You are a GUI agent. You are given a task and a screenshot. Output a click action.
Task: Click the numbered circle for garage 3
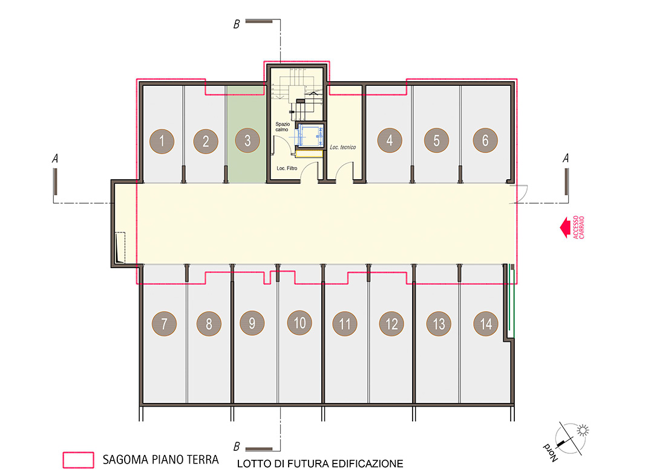pos(247,141)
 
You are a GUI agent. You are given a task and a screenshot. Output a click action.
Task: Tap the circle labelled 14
pos(486,324)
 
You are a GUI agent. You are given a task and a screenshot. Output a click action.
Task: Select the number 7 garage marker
pos(164,324)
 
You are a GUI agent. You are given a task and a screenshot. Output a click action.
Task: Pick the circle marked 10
pos(299,323)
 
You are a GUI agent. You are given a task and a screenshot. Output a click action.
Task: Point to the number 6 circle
pos(485,140)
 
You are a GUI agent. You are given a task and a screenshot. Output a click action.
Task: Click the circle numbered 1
pos(162,141)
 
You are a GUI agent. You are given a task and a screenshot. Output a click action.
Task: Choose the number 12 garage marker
pos(391,324)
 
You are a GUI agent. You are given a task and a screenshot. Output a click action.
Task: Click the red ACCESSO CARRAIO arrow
pos(564,228)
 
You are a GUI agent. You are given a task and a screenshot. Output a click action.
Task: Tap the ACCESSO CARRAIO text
pos(578,228)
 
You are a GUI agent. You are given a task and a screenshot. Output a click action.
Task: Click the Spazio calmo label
pos(283,126)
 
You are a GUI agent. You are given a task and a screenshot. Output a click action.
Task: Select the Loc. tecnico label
pos(342,147)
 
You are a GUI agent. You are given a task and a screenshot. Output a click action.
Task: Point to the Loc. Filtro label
pos(287,168)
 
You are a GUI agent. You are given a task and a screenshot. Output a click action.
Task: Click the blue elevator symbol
pos(309,136)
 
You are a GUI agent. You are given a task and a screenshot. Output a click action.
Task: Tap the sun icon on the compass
pos(583,430)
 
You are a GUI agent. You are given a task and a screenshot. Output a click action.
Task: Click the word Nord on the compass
pos(551,453)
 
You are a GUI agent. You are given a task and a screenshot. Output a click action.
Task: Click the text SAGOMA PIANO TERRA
pos(161,460)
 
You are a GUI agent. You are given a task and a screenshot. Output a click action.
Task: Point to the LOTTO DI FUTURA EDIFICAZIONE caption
pos(320,464)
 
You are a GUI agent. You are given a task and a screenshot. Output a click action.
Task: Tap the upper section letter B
pos(236,24)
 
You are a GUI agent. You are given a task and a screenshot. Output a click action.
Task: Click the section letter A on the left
pos(55,159)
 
